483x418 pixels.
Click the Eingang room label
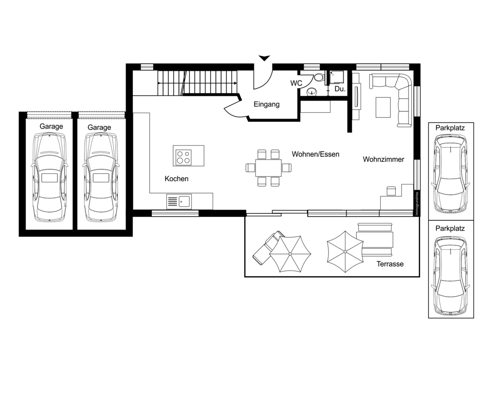[x=266, y=104]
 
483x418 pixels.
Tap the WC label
[x=296, y=83]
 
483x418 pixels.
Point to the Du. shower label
[x=340, y=89]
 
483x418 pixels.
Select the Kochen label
[x=176, y=179]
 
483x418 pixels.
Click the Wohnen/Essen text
[x=315, y=154]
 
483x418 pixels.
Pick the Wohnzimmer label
[x=383, y=159]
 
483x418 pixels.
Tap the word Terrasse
[x=390, y=264]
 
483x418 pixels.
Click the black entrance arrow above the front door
[x=264, y=58]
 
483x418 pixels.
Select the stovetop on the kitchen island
[x=184, y=158]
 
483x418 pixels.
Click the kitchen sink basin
[x=184, y=202]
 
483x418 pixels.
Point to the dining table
[x=268, y=168]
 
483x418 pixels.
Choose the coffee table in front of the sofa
[x=383, y=108]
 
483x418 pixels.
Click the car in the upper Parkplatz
[x=450, y=173]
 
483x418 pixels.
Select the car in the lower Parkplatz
[x=450, y=275]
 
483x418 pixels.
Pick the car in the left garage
[x=50, y=177]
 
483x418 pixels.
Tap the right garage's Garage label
[x=99, y=127]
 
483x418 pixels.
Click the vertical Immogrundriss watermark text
[x=417, y=204]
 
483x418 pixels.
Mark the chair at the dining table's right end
[x=287, y=168]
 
